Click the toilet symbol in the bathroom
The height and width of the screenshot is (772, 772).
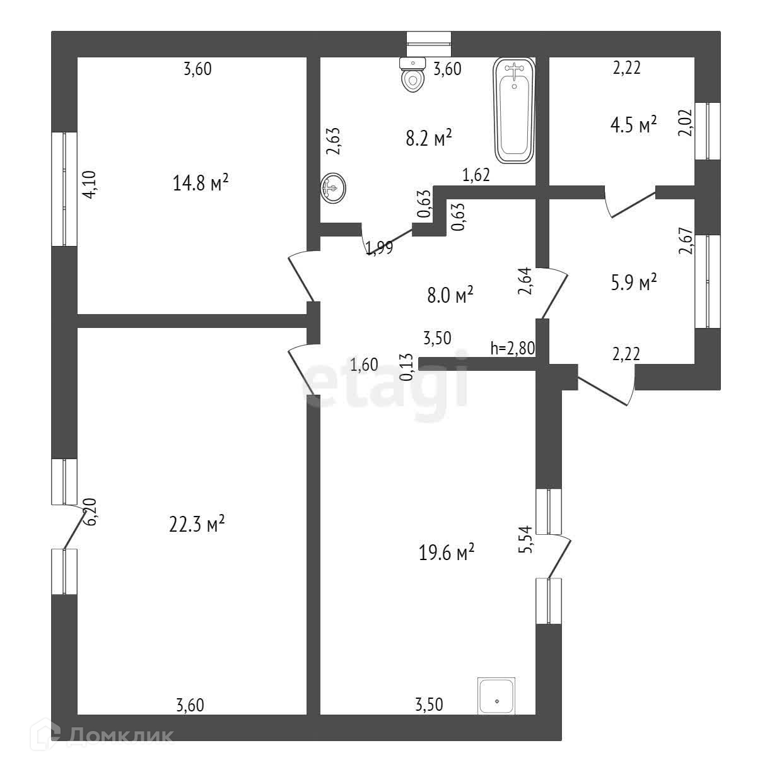click(x=413, y=75)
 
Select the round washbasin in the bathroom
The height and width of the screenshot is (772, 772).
click(x=333, y=187)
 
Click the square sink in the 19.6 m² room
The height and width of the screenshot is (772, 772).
click(x=496, y=696)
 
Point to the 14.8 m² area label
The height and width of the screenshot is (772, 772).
click(x=200, y=184)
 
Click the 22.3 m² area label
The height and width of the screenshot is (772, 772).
click(x=197, y=524)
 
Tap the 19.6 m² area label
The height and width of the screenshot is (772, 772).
click(x=447, y=553)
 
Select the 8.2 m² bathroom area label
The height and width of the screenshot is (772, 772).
click(x=429, y=138)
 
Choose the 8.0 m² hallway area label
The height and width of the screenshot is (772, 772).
click(x=450, y=295)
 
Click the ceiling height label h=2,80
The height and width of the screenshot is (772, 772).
click(x=513, y=348)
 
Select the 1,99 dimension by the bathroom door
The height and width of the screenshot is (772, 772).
click(x=379, y=248)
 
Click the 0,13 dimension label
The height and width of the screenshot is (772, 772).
click(x=407, y=366)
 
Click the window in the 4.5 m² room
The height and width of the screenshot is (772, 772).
click(x=707, y=131)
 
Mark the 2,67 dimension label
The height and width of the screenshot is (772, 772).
click(x=686, y=240)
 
